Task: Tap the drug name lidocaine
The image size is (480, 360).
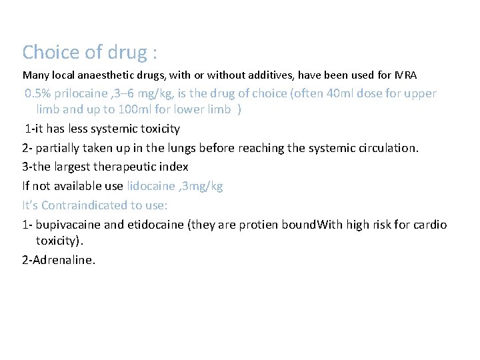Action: point(149,186)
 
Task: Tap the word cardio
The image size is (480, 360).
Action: point(431,225)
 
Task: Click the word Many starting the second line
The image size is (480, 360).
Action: point(35,73)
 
